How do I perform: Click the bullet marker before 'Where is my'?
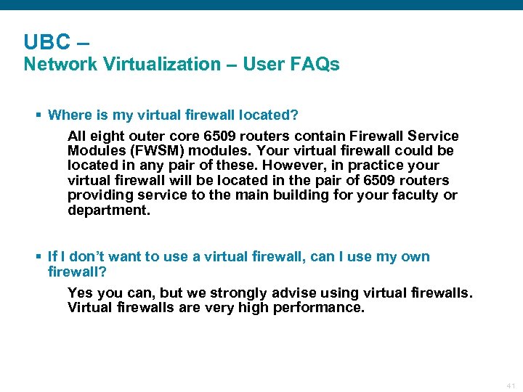click(38, 115)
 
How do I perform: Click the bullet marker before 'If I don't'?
click(38, 257)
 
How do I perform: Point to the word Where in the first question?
click(68, 115)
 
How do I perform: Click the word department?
click(105, 210)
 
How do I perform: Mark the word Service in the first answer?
click(435, 136)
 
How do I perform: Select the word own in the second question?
click(416, 257)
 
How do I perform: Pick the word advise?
click(294, 293)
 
